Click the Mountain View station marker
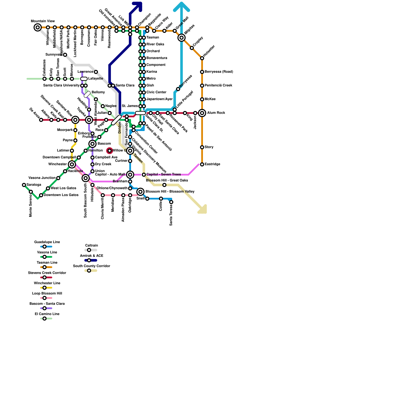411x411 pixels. [38, 27]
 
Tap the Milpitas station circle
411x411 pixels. [182, 38]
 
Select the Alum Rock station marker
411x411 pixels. [202, 113]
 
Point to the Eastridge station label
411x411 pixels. [212, 164]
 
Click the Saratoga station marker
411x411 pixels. [24, 185]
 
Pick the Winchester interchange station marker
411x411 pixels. [72, 164]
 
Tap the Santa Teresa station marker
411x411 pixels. [171, 202]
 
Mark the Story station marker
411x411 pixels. [202, 147]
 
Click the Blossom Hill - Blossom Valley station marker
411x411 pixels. [140, 192]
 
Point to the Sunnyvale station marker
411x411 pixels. [65, 55]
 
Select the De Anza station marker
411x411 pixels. [41, 120]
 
